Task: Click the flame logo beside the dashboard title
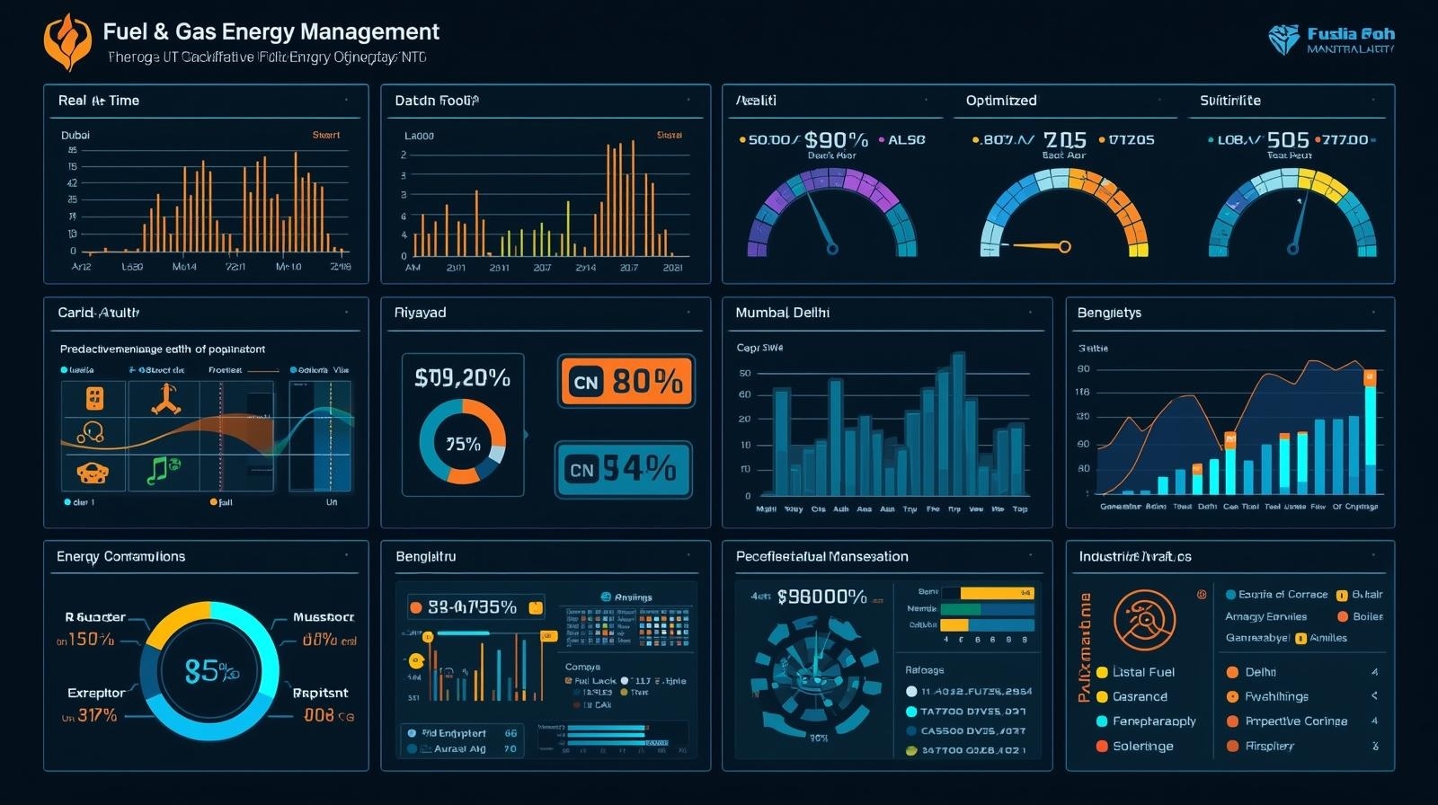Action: click(x=67, y=41)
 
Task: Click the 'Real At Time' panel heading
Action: click(x=98, y=101)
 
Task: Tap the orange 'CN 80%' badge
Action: click(x=626, y=382)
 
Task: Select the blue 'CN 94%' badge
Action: click(x=623, y=469)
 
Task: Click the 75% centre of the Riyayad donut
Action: click(x=463, y=444)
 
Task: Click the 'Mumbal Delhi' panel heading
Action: click(x=782, y=313)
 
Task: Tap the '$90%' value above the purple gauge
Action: click(x=836, y=140)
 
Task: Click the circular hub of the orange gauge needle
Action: click(x=1065, y=246)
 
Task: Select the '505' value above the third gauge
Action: click(x=1287, y=140)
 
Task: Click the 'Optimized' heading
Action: click(x=1000, y=101)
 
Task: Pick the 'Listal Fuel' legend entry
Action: click(x=1142, y=672)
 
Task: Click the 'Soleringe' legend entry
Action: click(x=1142, y=746)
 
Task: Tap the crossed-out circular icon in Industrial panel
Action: click(x=1144, y=620)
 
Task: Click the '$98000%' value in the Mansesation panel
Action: click(x=821, y=597)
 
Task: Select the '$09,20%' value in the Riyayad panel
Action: click(x=462, y=378)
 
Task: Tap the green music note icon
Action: click(x=163, y=469)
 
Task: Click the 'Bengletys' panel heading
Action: click(x=1109, y=313)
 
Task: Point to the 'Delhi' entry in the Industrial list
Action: click(x=1260, y=672)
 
